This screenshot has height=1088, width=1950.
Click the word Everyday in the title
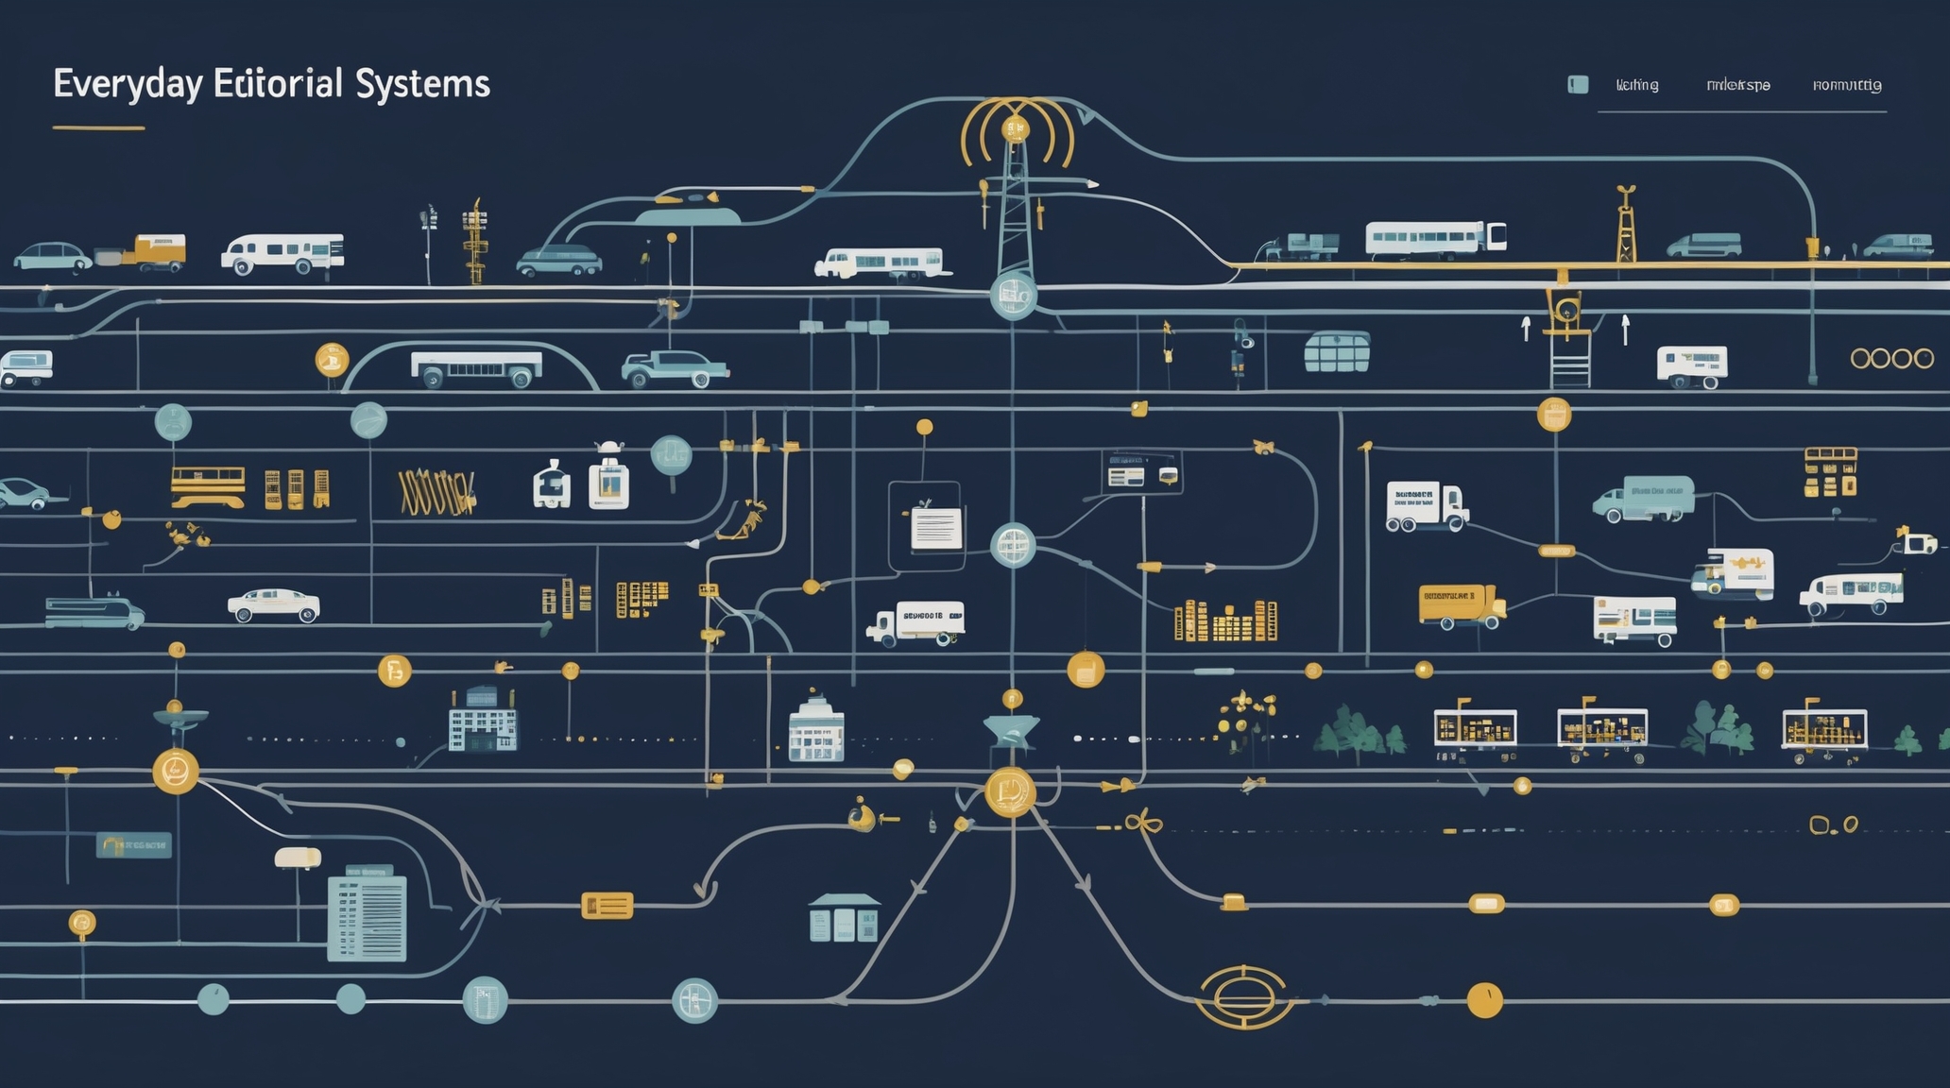[x=128, y=84]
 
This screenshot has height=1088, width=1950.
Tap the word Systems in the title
[x=423, y=84]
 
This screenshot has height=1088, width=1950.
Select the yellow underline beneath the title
[x=98, y=127]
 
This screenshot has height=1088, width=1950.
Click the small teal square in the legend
[x=1578, y=85]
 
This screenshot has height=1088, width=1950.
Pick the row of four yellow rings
[x=1891, y=358]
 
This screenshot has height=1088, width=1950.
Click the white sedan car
[x=273, y=605]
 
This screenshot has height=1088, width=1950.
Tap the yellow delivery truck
[x=1461, y=605]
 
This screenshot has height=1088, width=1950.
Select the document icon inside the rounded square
[x=935, y=527]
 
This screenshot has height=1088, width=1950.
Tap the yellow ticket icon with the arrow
[x=607, y=906]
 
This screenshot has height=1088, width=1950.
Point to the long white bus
[x=1435, y=238]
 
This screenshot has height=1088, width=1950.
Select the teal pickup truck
[x=674, y=368]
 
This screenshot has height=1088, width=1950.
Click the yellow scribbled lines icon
[x=436, y=492]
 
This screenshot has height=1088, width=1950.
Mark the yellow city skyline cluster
[x=1225, y=621]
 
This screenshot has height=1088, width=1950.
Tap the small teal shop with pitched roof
[x=844, y=917]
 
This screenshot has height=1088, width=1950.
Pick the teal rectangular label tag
[x=133, y=844]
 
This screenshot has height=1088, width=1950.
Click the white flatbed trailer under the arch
[x=476, y=366]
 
